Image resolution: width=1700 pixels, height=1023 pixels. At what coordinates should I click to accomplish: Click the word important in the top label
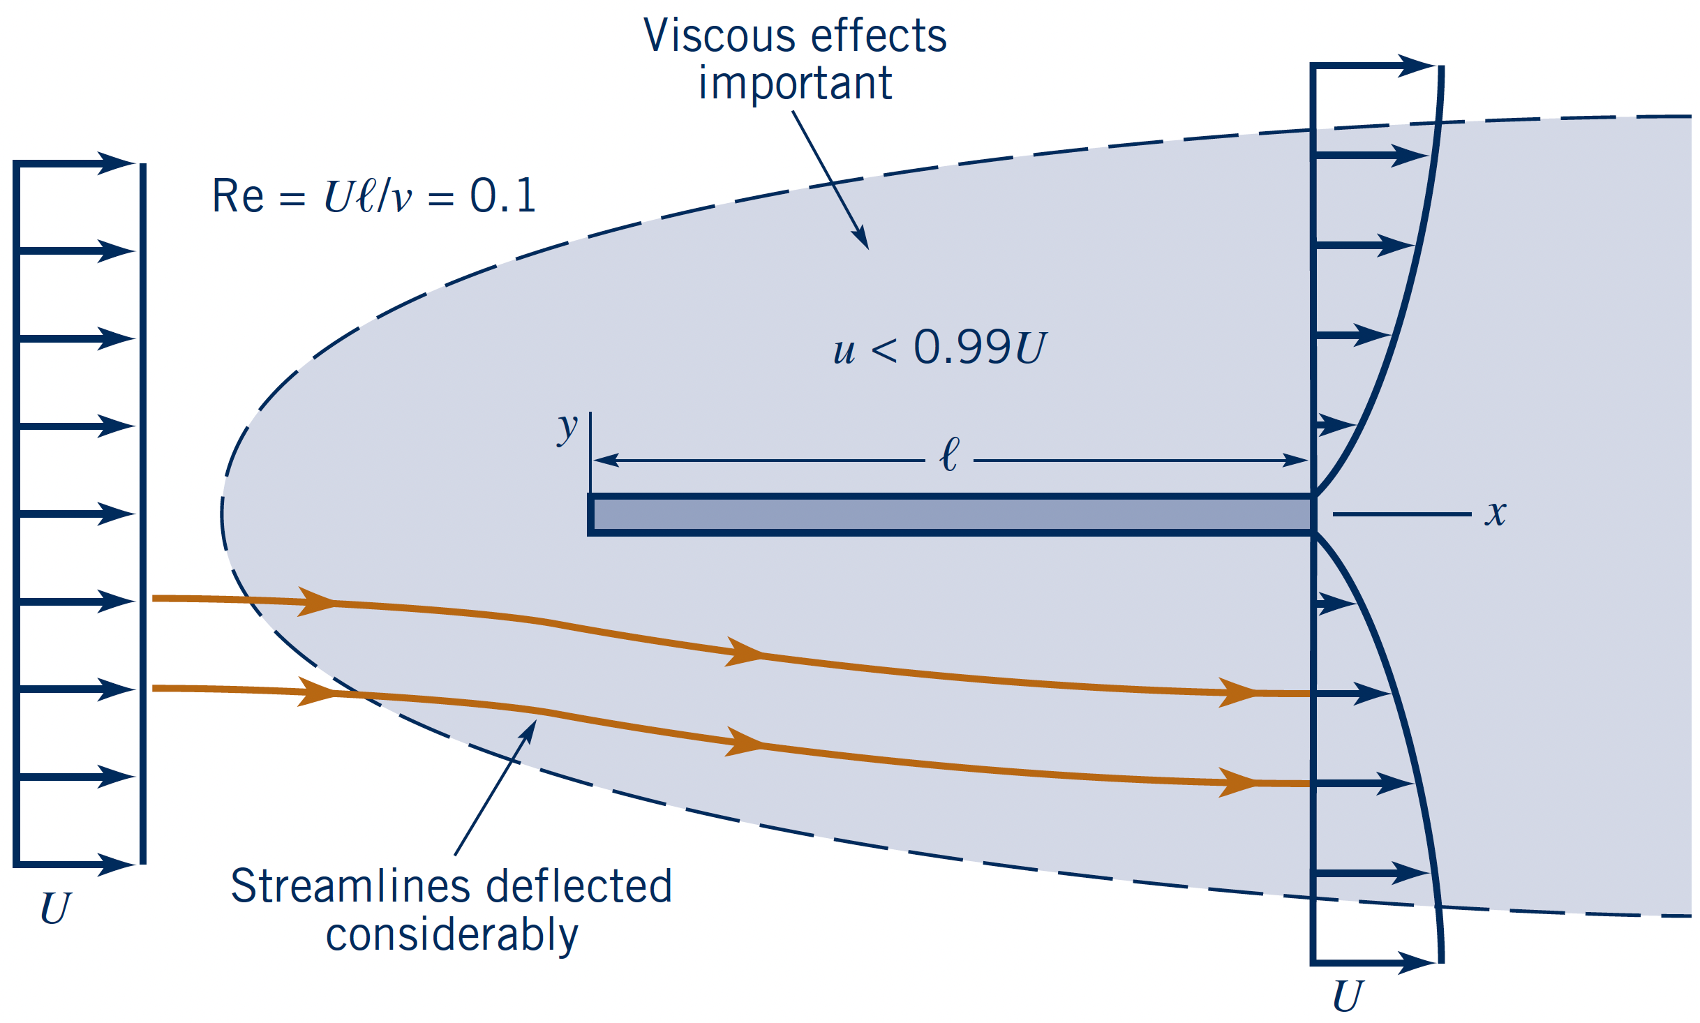click(796, 84)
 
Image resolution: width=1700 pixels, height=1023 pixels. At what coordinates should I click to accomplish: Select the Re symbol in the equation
click(238, 196)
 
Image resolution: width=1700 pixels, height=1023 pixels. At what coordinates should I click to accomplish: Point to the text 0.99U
click(980, 347)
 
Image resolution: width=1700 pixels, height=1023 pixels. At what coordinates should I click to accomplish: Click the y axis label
click(567, 427)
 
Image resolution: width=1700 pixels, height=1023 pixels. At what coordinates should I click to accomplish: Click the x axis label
click(1496, 514)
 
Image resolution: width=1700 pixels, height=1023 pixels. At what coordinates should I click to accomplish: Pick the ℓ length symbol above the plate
click(950, 455)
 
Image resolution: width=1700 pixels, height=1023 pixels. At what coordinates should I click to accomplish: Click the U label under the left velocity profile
click(56, 909)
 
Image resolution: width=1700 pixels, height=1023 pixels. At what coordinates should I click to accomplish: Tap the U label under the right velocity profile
click(1348, 996)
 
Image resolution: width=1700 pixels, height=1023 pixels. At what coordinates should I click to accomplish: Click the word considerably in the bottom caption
click(452, 935)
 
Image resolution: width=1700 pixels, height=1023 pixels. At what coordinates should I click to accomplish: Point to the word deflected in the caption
click(579, 887)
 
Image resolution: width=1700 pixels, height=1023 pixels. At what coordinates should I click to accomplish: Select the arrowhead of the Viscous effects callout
click(862, 237)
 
